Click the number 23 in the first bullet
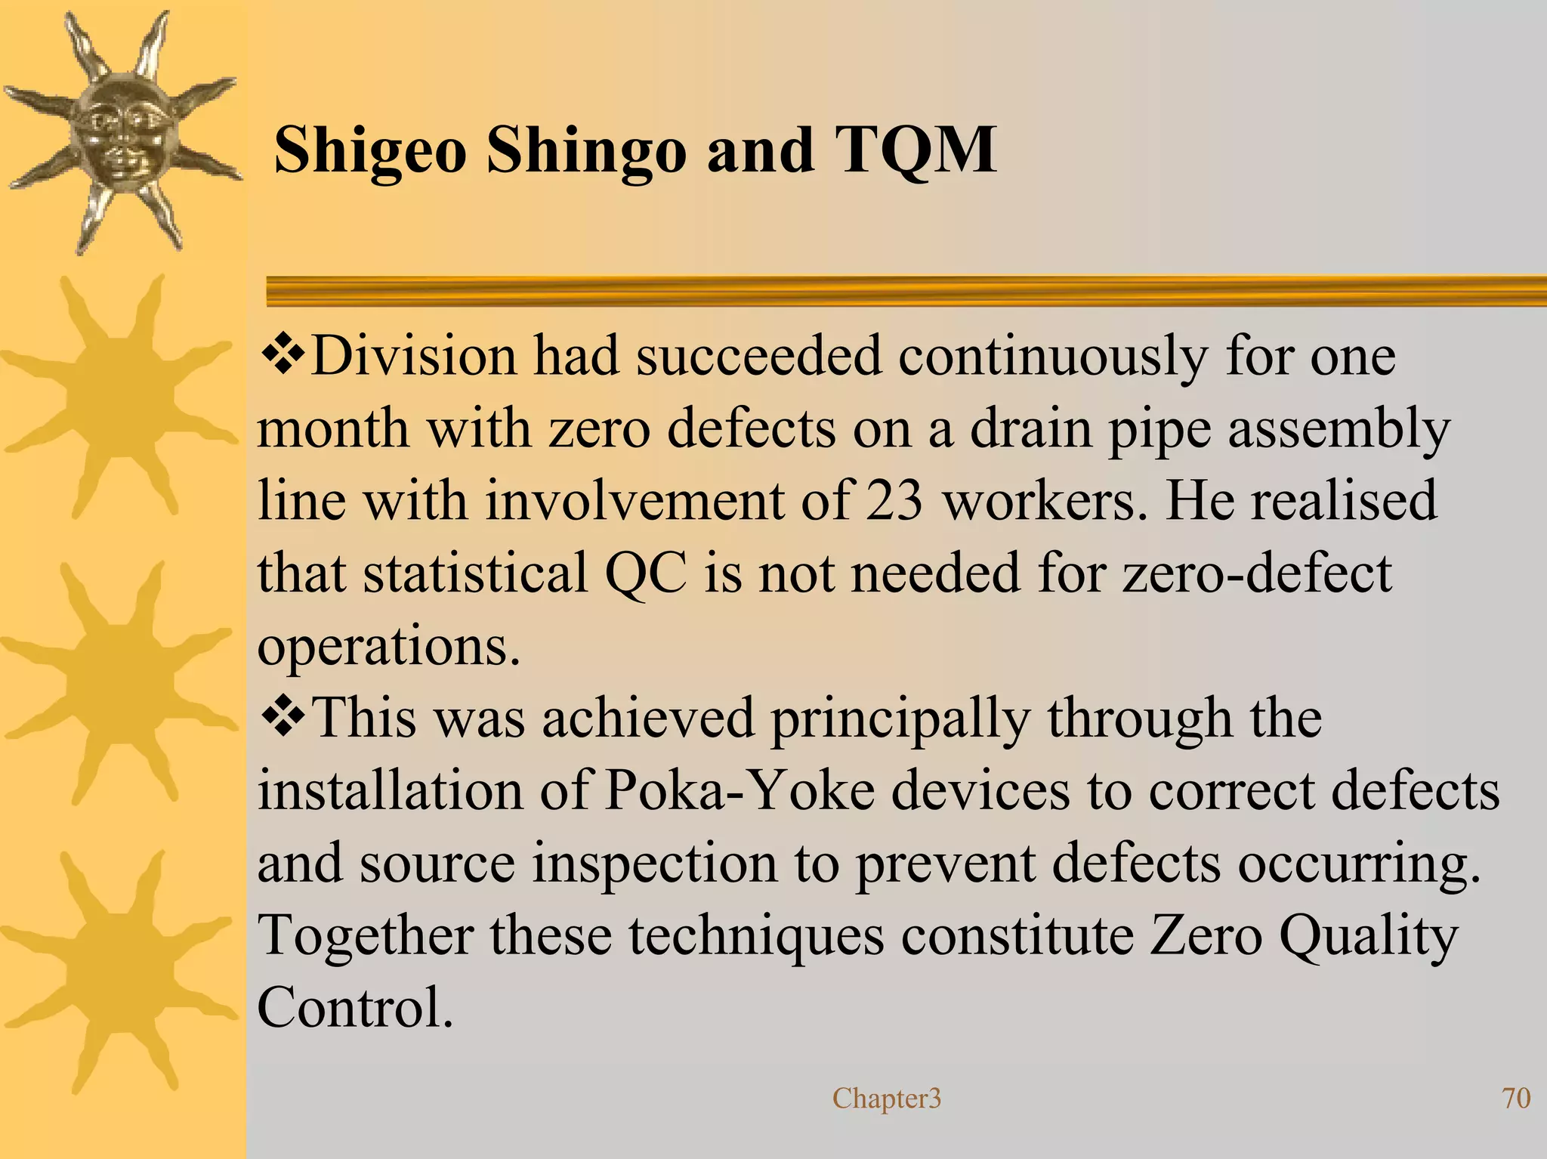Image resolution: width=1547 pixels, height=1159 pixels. point(894,501)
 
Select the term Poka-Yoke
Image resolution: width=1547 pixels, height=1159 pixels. point(740,790)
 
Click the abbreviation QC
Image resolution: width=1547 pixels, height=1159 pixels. point(647,573)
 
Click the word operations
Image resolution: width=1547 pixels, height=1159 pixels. point(389,647)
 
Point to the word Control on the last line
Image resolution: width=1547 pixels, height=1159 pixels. point(355,1008)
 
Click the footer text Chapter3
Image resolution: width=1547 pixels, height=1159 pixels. point(887,1098)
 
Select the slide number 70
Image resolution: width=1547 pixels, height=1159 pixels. point(1516,1098)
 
